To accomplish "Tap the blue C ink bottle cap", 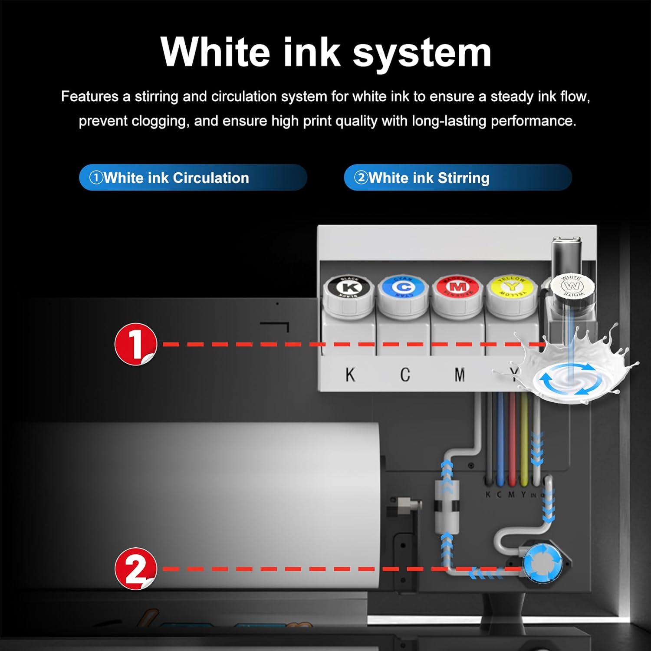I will point(403,288).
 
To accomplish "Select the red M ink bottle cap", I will point(457,288).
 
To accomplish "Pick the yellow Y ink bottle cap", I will point(512,287).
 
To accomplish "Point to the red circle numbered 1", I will point(136,344).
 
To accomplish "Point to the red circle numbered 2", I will point(136,569).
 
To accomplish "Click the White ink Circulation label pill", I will point(193,178).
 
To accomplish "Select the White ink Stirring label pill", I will point(457,178).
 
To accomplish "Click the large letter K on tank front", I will point(350,375).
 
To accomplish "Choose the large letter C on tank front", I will point(405,375).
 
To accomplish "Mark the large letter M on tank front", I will point(460,375).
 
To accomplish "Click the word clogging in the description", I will point(160,121).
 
